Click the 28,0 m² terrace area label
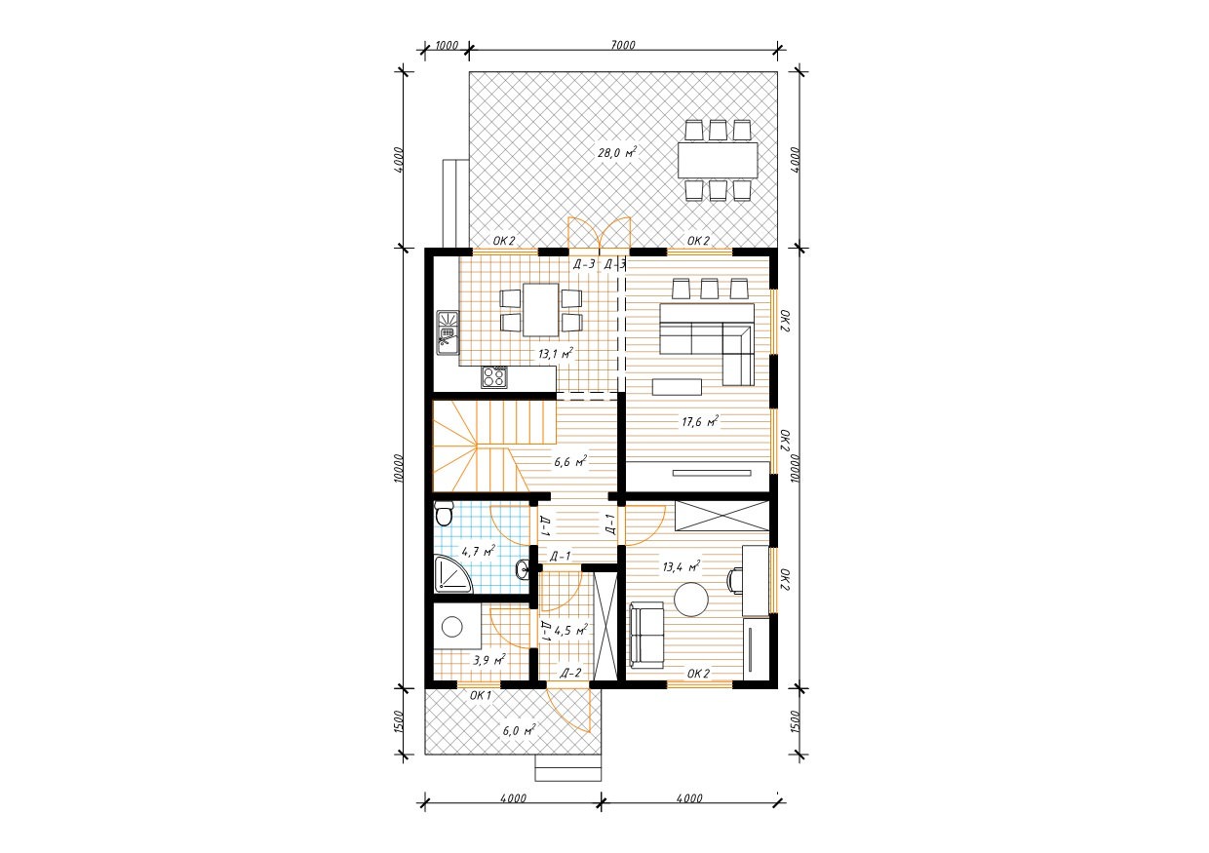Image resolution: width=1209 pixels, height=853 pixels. click(x=617, y=152)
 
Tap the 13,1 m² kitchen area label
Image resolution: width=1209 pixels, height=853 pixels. click(x=556, y=354)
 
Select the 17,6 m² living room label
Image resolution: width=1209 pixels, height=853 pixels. click(x=700, y=421)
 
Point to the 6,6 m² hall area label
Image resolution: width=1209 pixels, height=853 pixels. click(x=570, y=462)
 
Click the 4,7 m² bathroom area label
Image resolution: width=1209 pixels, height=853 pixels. click(x=479, y=552)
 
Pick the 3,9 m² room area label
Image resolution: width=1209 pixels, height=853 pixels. click(x=489, y=660)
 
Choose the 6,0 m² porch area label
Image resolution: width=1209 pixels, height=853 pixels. click(x=520, y=730)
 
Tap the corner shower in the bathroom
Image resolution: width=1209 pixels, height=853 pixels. click(x=452, y=574)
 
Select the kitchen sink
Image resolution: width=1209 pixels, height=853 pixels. click(x=448, y=333)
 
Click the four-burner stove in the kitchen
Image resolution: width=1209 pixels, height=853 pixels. click(x=494, y=377)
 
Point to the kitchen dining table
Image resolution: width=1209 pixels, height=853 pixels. click(x=540, y=310)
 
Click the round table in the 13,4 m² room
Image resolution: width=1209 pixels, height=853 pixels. click(x=692, y=599)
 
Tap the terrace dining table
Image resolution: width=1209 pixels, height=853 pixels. click(x=718, y=160)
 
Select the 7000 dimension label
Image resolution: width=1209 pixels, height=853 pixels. click(x=623, y=45)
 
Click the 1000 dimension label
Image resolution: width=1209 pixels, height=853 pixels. click(x=447, y=45)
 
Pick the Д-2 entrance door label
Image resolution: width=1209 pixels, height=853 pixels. click(x=570, y=673)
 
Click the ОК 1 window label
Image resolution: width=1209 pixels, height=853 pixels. click(x=481, y=695)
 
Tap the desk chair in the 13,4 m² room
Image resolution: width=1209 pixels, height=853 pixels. click(x=734, y=581)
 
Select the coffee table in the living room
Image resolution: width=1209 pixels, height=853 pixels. click(x=677, y=387)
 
